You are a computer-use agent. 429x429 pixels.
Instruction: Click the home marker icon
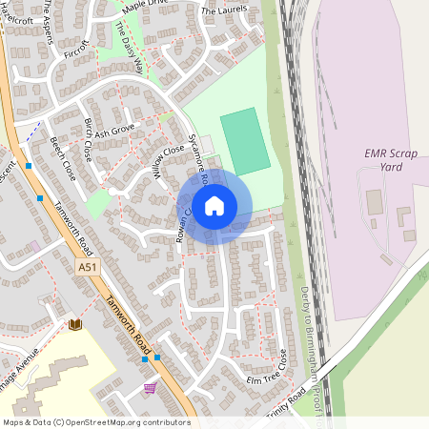214,205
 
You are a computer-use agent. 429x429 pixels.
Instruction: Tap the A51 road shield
87,269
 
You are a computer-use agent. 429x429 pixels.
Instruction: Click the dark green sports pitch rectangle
246,141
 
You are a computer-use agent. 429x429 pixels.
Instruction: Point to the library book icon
75,325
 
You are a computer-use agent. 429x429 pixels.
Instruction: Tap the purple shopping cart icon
150,388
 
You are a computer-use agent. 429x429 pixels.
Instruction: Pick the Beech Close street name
63,158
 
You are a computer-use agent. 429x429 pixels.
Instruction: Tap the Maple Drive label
144,9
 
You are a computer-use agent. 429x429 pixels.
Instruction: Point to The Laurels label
224,10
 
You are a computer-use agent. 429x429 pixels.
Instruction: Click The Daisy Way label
129,43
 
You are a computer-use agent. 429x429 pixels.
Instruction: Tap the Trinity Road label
286,397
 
